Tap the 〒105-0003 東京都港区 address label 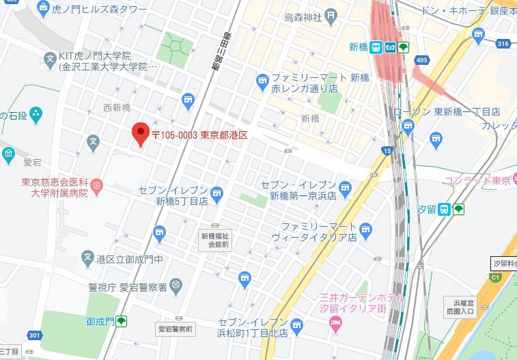(x=199, y=135)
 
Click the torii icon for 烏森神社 (x=331, y=15)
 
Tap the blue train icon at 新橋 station (x=376, y=47)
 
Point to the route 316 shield (x=504, y=44)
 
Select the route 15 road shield (x=388, y=150)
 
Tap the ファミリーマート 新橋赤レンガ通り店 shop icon (x=262, y=83)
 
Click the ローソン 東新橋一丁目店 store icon (x=408, y=125)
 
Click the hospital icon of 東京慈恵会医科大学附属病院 (x=97, y=184)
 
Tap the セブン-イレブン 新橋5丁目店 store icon (x=216, y=195)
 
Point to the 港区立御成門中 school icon (x=87, y=258)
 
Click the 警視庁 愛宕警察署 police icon (x=176, y=284)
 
